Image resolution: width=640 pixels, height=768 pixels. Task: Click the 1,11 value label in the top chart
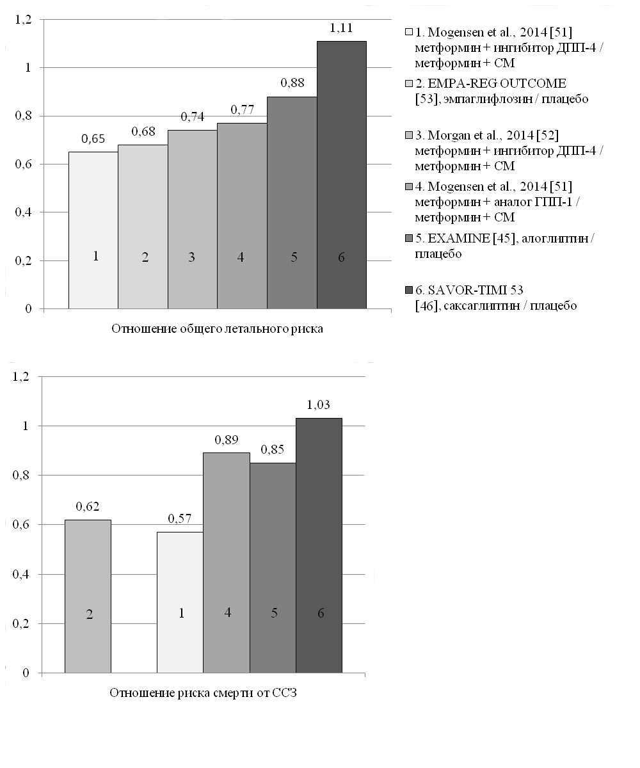point(342,29)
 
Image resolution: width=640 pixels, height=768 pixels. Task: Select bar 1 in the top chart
point(93,230)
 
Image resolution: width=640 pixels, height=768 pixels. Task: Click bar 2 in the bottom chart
point(88,596)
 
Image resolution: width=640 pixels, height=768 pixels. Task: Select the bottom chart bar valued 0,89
point(227,563)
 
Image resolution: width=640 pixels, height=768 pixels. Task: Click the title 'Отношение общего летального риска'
point(218,329)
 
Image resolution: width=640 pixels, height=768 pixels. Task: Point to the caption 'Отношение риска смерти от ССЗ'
point(203,693)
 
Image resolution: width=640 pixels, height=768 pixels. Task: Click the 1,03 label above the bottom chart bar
point(319,404)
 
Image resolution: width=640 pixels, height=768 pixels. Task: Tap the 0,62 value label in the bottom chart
point(88,506)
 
